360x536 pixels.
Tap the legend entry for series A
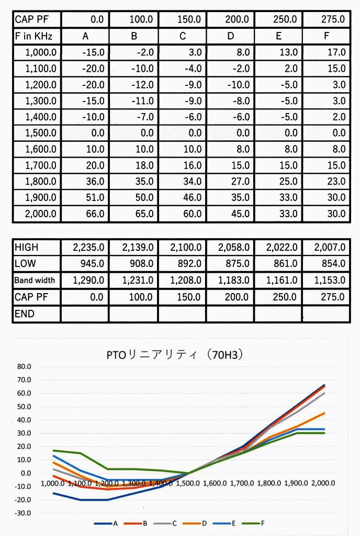tap(107, 523)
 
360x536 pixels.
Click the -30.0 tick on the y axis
tap(24, 513)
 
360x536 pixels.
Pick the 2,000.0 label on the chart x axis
tap(323, 483)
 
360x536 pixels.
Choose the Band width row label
tap(35, 281)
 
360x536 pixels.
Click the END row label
tap(25, 314)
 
